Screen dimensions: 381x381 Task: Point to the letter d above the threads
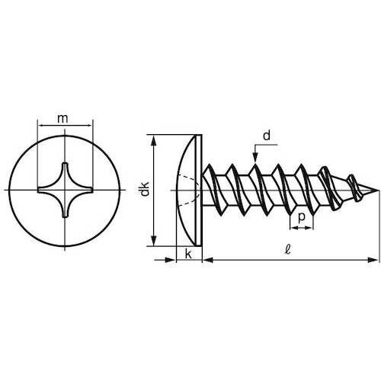[266, 136]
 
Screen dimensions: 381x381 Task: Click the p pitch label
[302, 216]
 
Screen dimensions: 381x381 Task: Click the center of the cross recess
[64, 188]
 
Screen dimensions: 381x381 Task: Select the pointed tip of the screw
[377, 190]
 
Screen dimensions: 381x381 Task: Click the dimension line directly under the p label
[302, 227]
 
